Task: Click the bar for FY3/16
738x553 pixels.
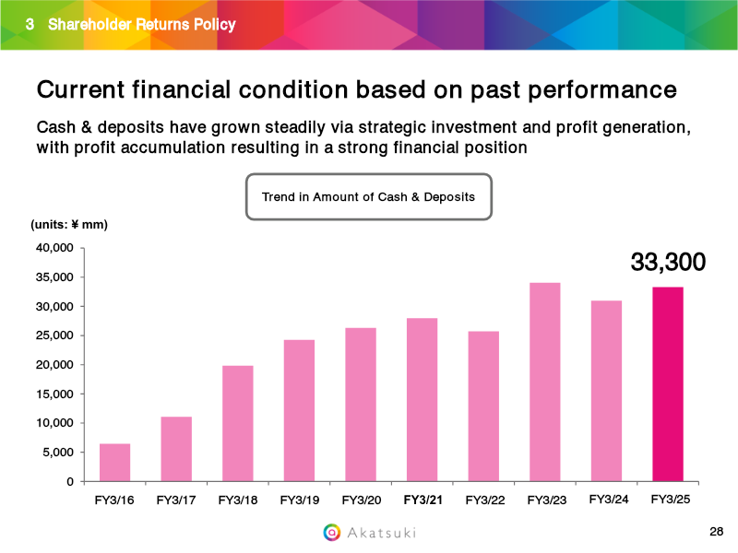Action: coord(114,463)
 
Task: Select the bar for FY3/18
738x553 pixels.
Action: coord(238,424)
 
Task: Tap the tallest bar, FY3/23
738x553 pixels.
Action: coord(544,382)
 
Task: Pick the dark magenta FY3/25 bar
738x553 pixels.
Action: coord(668,384)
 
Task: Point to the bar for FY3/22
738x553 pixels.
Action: coord(482,406)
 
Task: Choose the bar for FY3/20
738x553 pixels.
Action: coord(361,405)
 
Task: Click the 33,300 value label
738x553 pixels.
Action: coord(668,263)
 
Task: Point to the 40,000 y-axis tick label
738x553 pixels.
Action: coord(54,248)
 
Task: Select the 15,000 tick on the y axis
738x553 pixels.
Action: coord(54,394)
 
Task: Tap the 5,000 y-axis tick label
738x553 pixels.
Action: coord(56,453)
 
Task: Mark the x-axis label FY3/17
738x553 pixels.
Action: coord(175,500)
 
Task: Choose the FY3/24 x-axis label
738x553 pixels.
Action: coord(606,500)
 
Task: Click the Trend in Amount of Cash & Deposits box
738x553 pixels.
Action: coord(368,197)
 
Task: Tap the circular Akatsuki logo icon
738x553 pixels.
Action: coord(331,532)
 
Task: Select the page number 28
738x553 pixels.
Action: coord(717,532)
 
